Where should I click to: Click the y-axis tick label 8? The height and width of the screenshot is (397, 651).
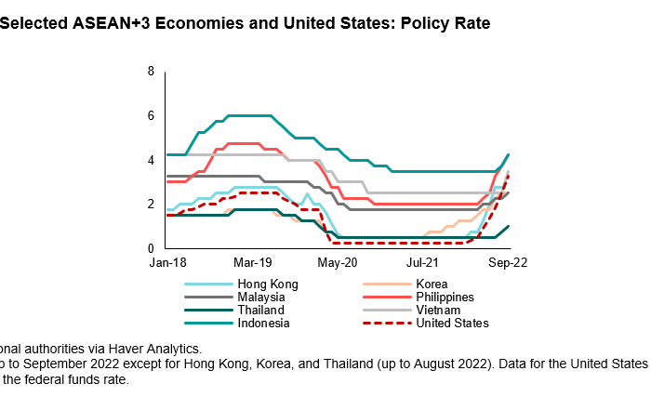[151, 72]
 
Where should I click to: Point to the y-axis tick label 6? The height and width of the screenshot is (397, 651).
[151, 115]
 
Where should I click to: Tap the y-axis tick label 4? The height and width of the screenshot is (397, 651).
[151, 160]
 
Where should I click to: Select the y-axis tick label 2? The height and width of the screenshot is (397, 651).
[151, 205]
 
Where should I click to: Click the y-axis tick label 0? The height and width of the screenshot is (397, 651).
[151, 248]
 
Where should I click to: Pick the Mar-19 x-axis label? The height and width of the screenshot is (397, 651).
[251, 264]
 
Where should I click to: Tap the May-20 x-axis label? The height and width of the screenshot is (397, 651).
[338, 264]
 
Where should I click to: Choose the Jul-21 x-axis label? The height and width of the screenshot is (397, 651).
[424, 264]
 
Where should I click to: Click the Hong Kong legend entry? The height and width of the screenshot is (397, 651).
[260, 285]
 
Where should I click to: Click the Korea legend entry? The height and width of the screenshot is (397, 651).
[432, 285]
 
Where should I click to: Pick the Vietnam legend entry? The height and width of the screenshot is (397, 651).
[438, 311]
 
